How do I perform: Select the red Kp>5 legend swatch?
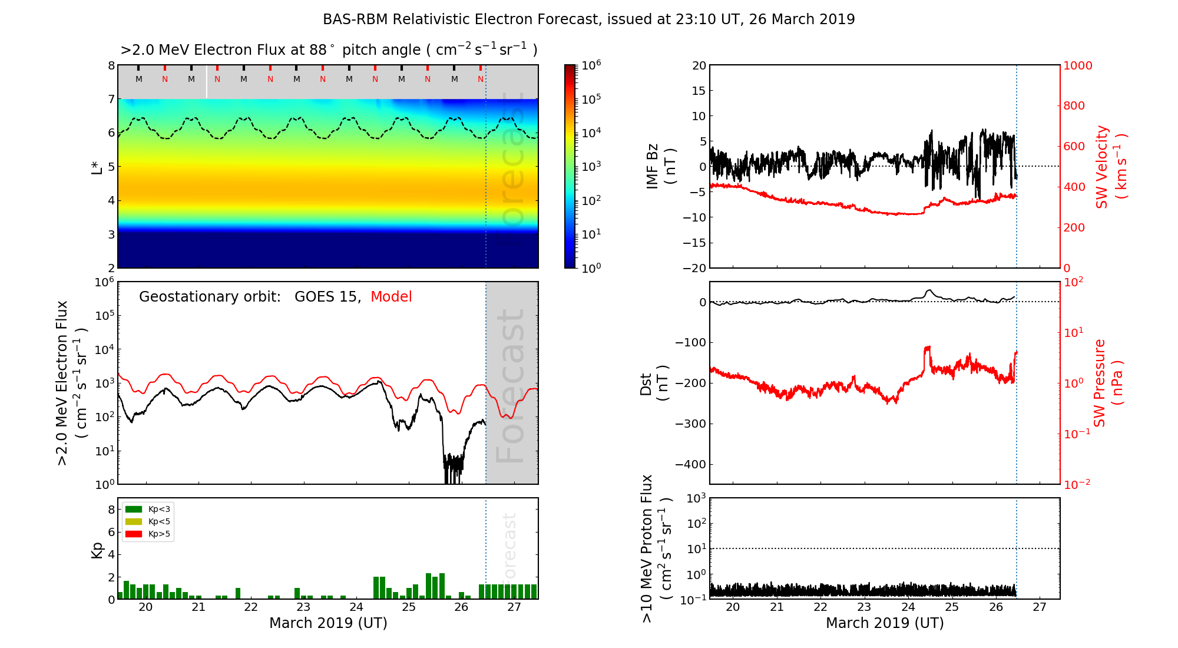[x=134, y=534]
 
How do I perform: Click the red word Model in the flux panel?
[x=391, y=297]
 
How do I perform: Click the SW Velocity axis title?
[x=1110, y=167]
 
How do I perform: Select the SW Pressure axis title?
[x=1108, y=383]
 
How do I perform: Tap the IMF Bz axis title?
[x=661, y=167]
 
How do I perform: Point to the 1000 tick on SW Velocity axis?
[x=1077, y=65]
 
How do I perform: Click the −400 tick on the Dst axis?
[x=690, y=464]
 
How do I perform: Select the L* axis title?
[x=97, y=167]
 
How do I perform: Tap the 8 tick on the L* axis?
[x=111, y=65]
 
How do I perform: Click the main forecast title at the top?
[x=588, y=19]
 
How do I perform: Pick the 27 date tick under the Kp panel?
[x=514, y=607]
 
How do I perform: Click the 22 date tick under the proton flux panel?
[x=820, y=607]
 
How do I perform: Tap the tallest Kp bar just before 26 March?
[x=442, y=586]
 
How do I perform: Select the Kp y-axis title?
[x=97, y=550]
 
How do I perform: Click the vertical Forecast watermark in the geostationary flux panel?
[x=510, y=386]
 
